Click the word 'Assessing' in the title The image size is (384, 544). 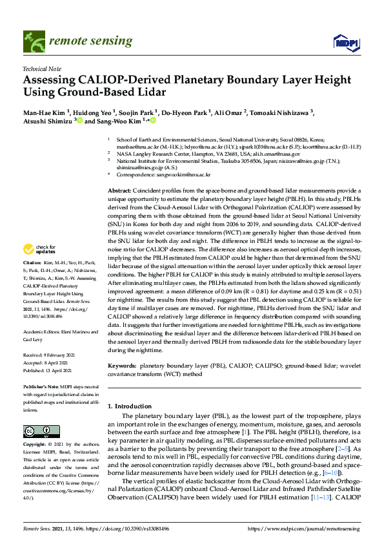click(x=50, y=80)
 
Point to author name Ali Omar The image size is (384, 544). click(x=228, y=112)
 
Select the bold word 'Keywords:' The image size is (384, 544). click(x=123, y=364)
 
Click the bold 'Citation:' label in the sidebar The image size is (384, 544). click(x=32, y=282)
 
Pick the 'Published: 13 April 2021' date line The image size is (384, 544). click(x=50, y=371)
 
